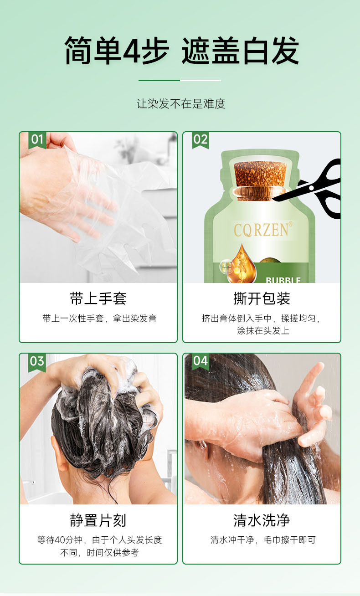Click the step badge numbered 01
click(37, 140)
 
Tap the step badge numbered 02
click(201, 140)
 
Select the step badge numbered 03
click(37, 362)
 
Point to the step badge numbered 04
click(201, 362)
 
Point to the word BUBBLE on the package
click(283, 280)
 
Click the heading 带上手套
click(98, 298)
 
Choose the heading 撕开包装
click(262, 298)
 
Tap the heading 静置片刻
click(98, 520)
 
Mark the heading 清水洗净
click(262, 520)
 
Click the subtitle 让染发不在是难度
click(181, 103)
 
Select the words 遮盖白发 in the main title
click(240, 50)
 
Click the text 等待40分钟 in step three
click(60, 540)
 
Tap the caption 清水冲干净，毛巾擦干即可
click(263, 540)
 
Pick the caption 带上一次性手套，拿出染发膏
click(99, 318)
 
